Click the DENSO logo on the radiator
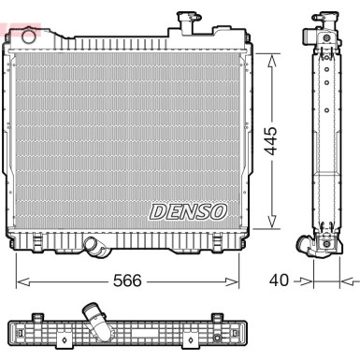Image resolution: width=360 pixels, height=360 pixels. point(187,210)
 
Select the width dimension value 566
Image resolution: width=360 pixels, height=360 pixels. point(126,280)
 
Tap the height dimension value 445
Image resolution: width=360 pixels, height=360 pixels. point(271,141)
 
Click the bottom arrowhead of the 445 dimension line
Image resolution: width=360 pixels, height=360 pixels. point(271,224)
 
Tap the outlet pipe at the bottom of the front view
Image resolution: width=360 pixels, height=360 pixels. point(94,247)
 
